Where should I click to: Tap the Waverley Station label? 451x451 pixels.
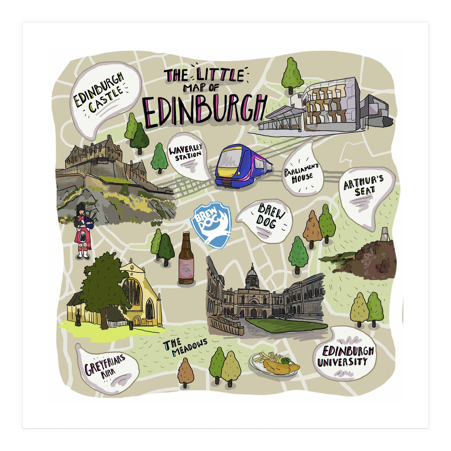(x=185, y=154)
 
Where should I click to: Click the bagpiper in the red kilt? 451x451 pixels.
(x=83, y=230)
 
